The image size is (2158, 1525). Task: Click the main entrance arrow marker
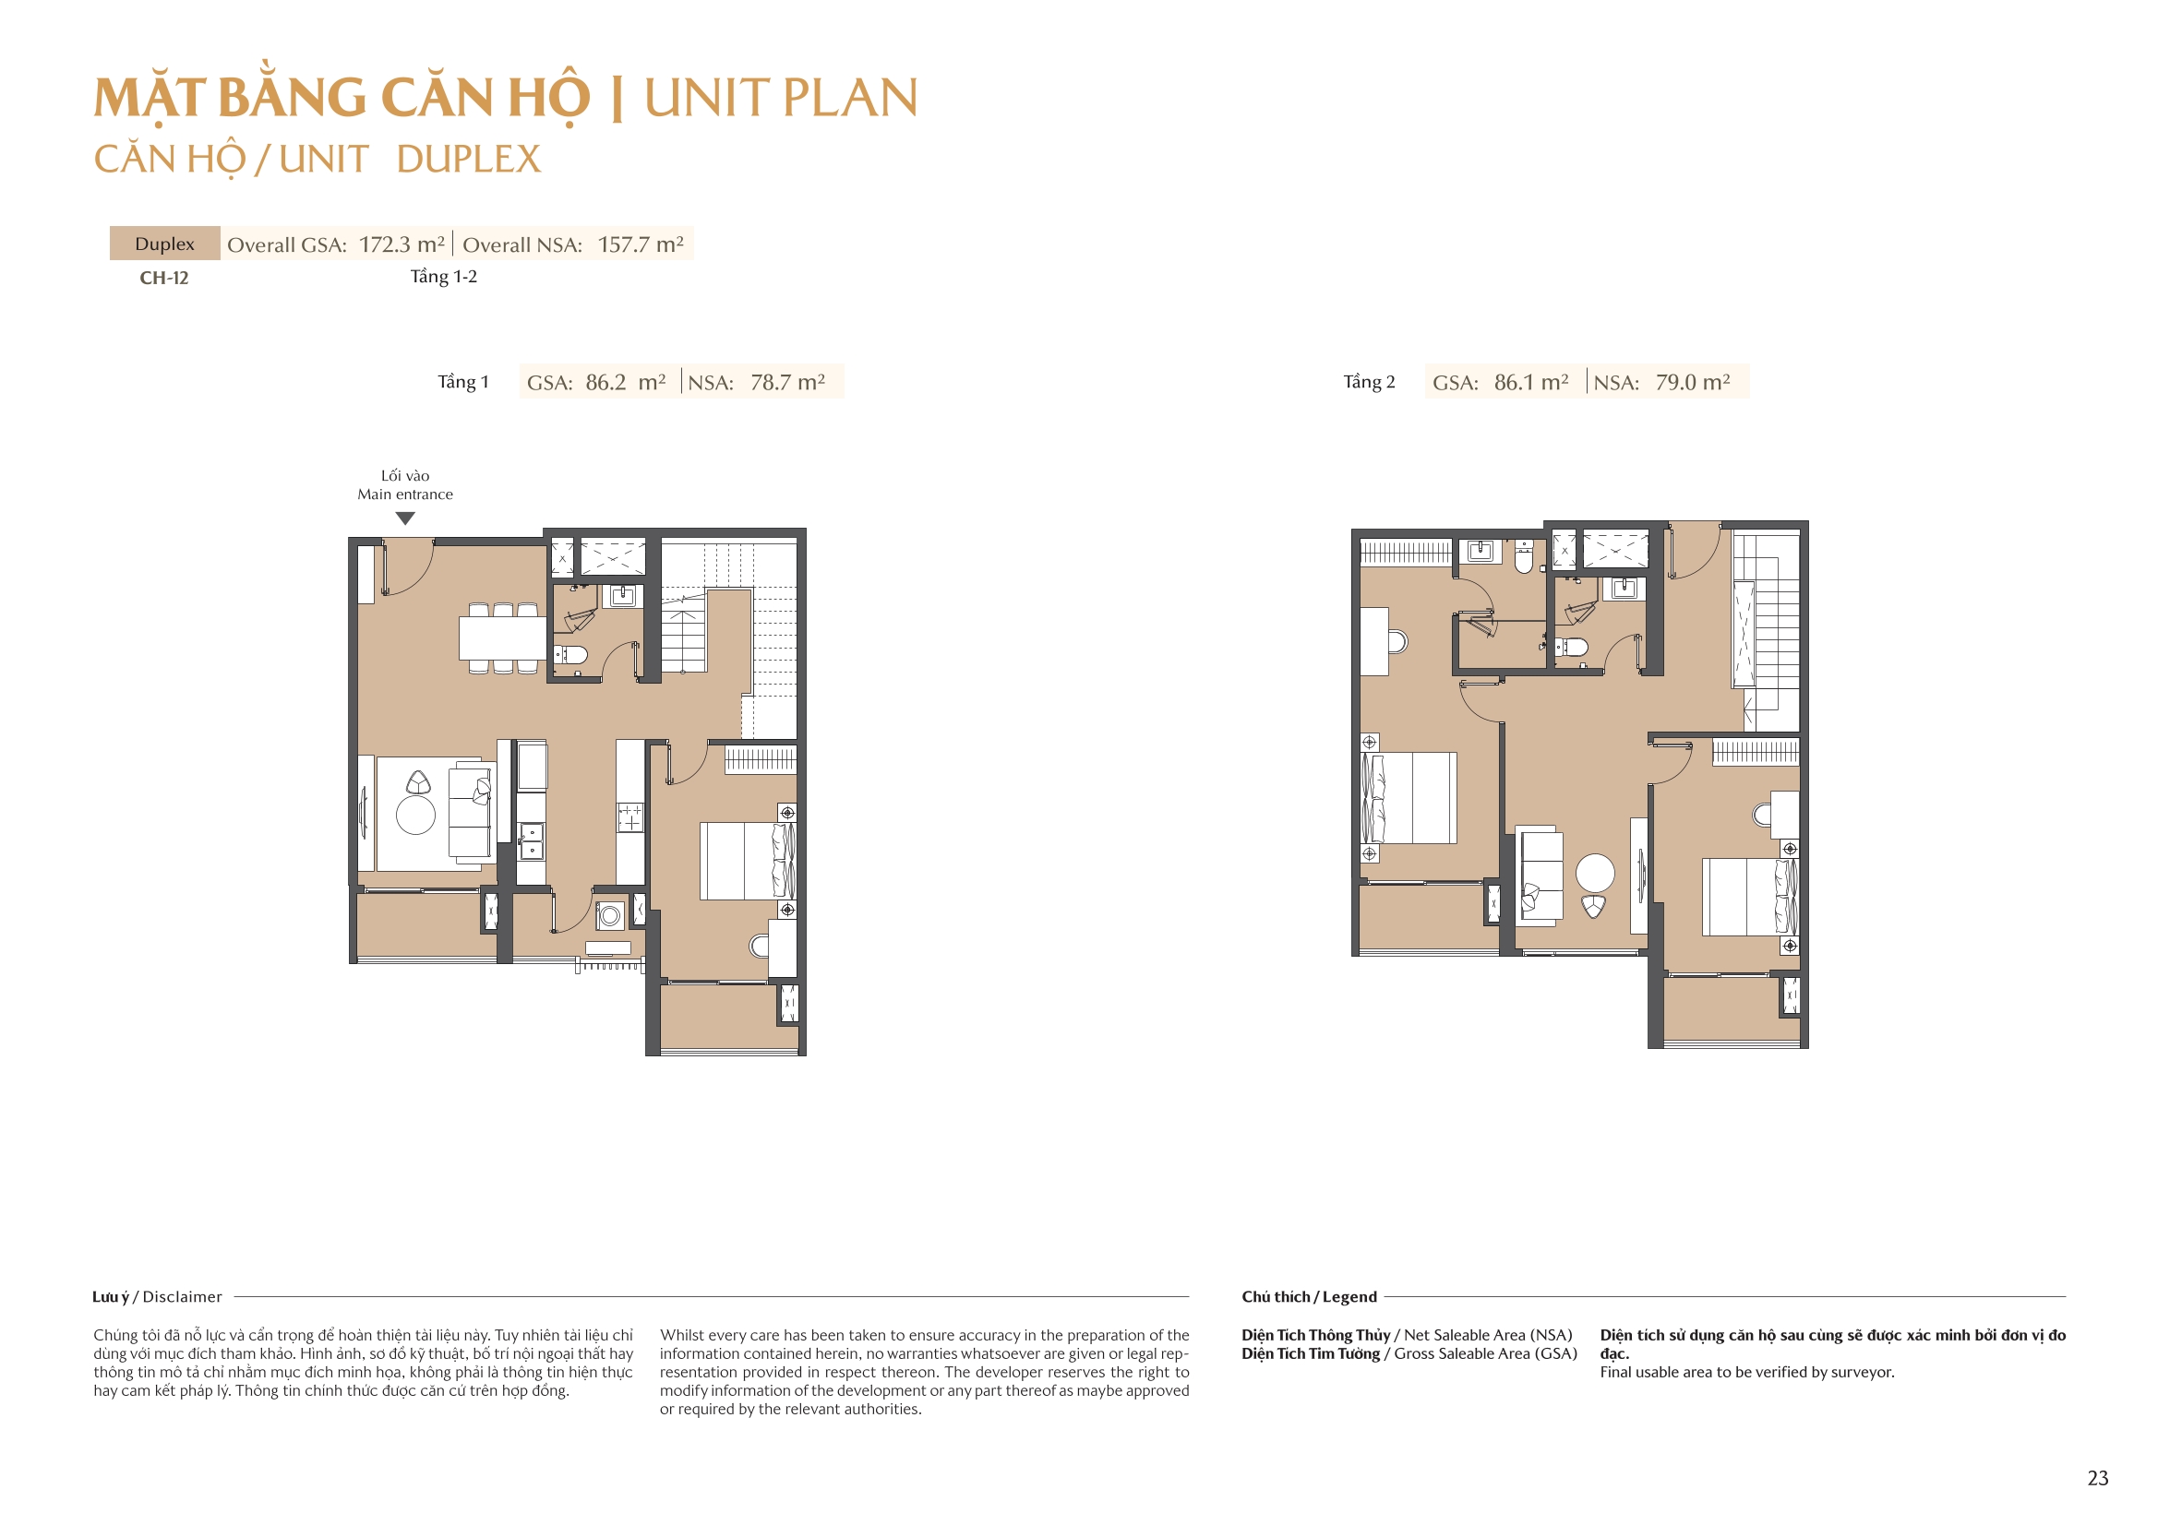(x=405, y=518)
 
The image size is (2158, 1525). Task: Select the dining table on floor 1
(x=502, y=638)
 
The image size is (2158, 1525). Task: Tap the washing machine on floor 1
(x=610, y=914)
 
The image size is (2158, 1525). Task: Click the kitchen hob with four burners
(x=629, y=816)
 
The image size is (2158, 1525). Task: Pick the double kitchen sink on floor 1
(x=531, y=840)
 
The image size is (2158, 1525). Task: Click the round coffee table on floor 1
(x=415, y=815)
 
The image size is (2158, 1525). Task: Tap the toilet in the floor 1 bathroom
(x=572, y=654)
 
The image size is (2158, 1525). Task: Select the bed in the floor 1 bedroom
(x=747, y=861)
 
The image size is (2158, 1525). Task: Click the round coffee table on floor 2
(x=1595, y=873)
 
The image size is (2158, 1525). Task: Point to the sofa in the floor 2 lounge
(x=1540, y=875)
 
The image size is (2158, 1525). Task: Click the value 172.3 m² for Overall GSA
(x=402, y=244)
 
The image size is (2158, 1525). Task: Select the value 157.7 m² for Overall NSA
(x=640, y=244)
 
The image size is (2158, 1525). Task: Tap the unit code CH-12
(x=164, y=278)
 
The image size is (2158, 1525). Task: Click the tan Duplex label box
(x=164, y=244)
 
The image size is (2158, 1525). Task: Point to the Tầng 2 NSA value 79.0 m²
(x=1692, y=383)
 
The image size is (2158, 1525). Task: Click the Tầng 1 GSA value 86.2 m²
(x=625, y=383)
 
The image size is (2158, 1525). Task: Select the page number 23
(x=2097, y=1478)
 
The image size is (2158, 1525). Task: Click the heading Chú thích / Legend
(x=1308, y=1297)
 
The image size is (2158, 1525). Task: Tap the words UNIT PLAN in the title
(x=780, y=98)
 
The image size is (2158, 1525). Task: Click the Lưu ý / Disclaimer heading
(x=157, y=1297)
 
